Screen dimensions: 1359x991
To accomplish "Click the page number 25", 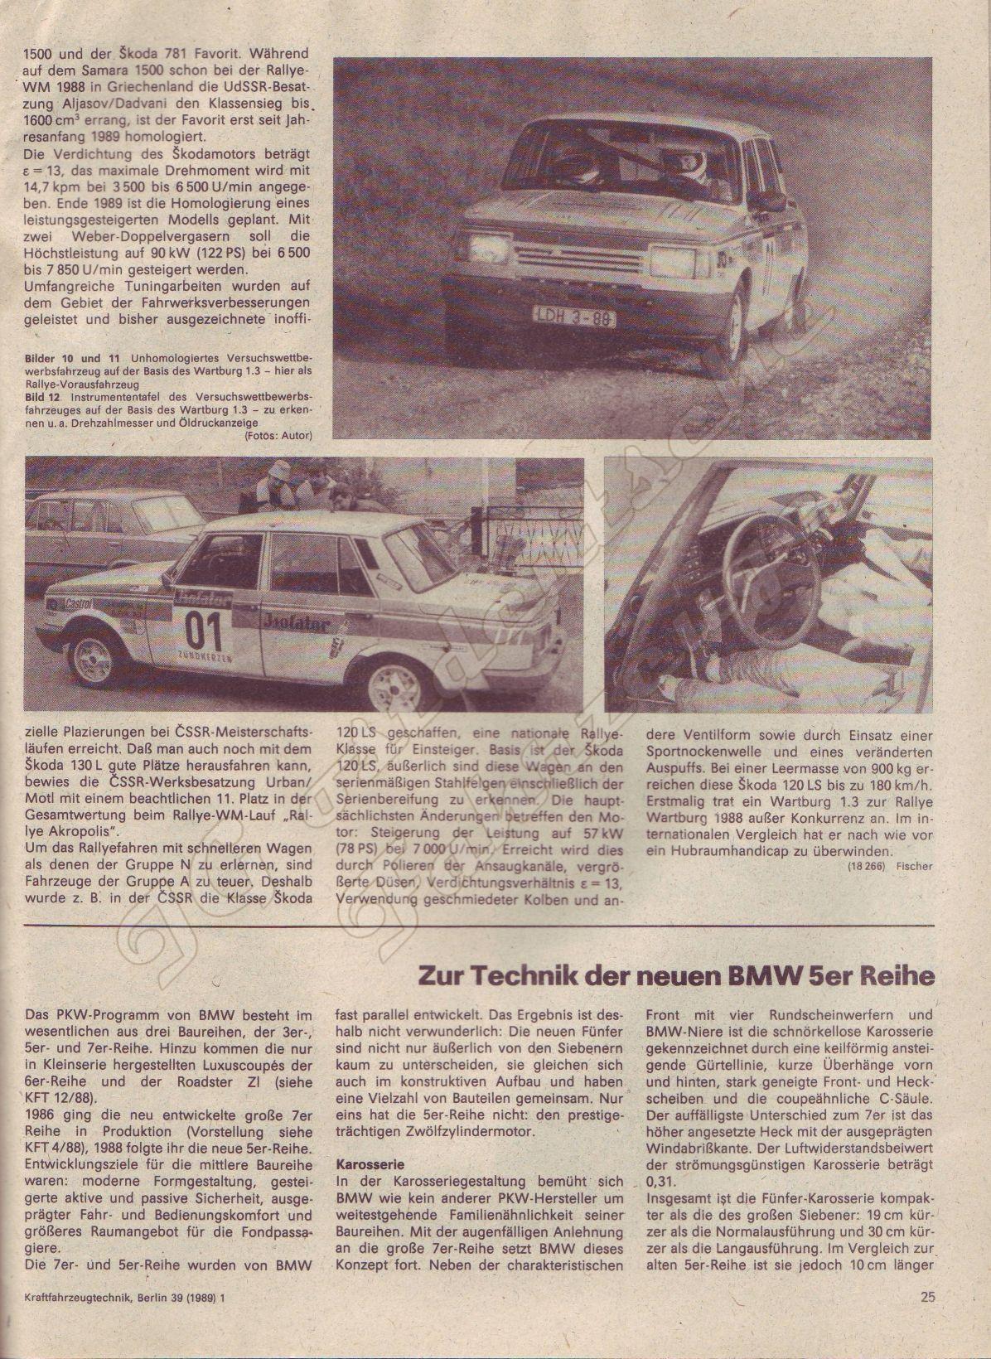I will click(927, 1297).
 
